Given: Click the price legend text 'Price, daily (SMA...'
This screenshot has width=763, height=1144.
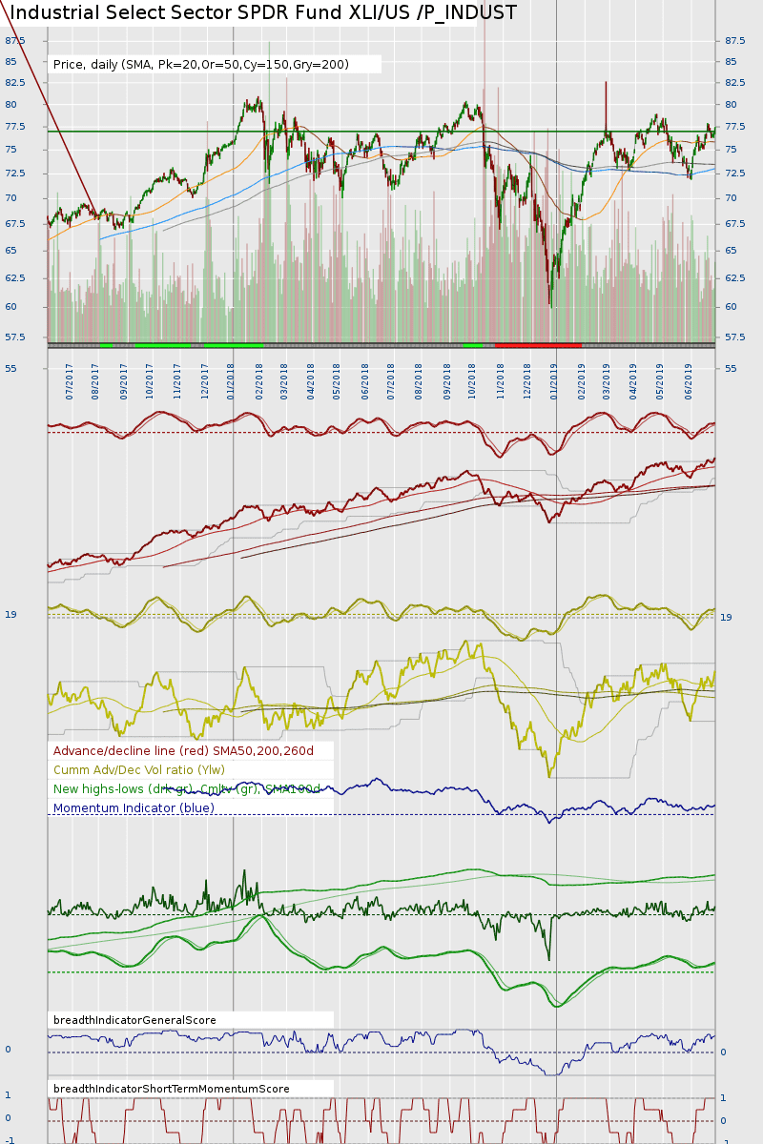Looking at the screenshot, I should (x=201, y=64).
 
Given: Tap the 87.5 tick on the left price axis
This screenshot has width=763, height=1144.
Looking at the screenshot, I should (x=15, y=41).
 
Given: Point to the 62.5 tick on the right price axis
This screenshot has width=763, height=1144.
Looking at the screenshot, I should (x=734, y=278).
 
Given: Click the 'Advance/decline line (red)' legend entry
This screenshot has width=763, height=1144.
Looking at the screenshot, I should (x=183, y=751).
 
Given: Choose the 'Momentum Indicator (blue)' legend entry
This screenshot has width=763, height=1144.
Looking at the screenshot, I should (x=134, y=808).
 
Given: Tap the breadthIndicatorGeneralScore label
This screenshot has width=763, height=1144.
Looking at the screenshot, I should (x=134, y=1020).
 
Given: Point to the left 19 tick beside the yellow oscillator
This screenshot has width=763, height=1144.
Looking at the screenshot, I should (x=10, y=615).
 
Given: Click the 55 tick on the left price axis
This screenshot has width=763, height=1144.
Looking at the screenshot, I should (x=10, y=368).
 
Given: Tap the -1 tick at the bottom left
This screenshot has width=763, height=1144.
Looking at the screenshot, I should (x=9, y=1140).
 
